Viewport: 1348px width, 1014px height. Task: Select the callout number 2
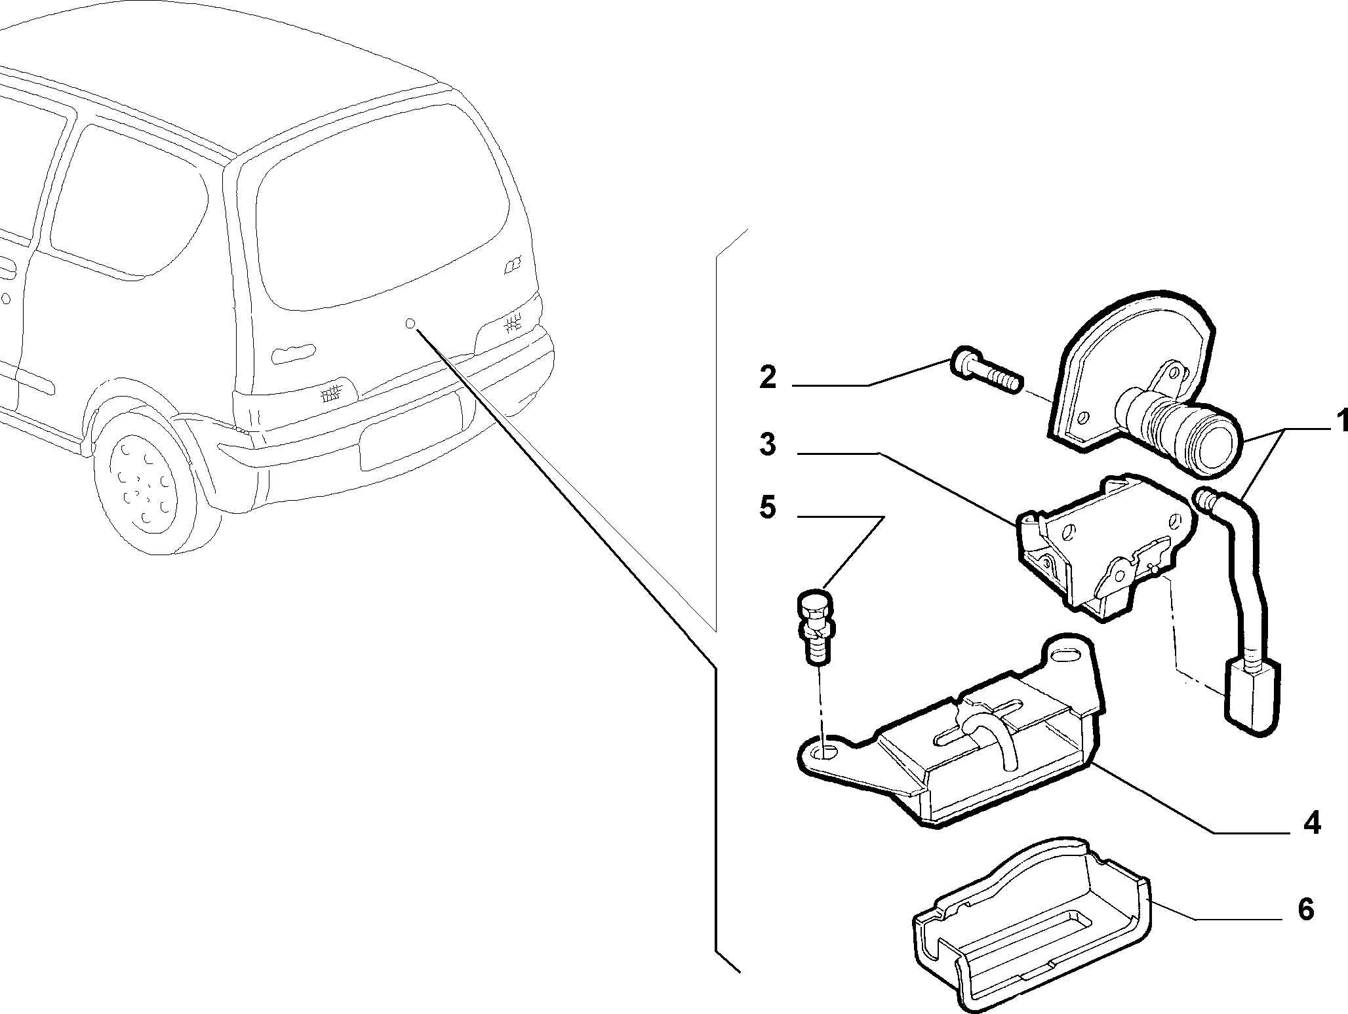(x=768, y=378)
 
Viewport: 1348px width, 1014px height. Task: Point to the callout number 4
(x=1311, y=824)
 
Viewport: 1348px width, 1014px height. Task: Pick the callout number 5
(x=767, y=508)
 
